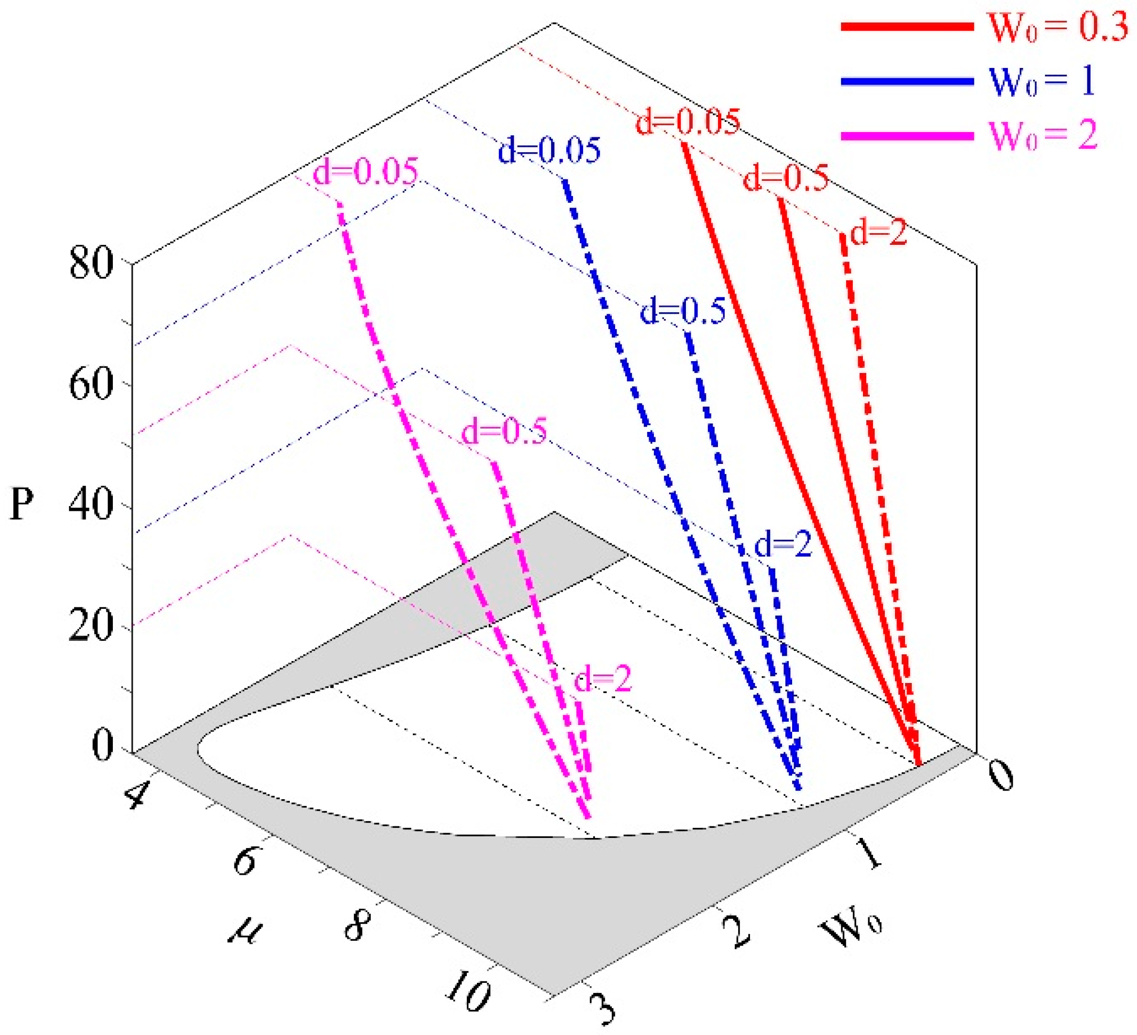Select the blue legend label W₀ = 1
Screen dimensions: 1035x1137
tap(1042, 81)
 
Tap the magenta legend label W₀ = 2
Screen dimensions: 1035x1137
tap(1043, 135)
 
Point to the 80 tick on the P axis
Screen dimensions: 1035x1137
tap(91, 264)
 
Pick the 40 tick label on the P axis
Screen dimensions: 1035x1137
tap(91, 506)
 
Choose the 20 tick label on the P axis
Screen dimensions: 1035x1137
tap(91, 627)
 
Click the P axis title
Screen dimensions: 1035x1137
tap(22, 503)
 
